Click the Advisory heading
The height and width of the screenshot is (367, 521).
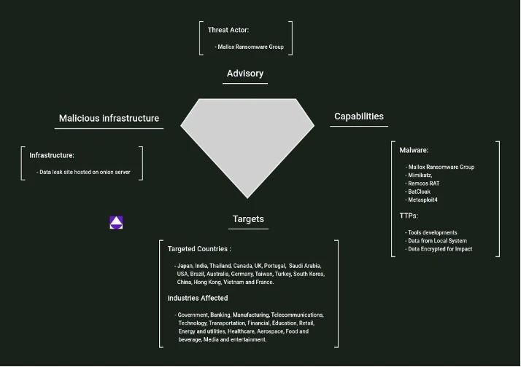coord(245,74)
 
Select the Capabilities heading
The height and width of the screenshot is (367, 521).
coord(359,117)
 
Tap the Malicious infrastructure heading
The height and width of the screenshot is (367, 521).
coord(109,119)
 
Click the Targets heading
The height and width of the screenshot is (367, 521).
coord(248,219)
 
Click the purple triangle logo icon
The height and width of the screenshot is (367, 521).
coord(116,222)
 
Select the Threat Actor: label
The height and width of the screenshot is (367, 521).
coord(228,30)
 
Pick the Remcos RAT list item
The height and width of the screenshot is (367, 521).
coord(422,183)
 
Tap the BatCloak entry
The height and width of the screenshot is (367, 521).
coord(417,192)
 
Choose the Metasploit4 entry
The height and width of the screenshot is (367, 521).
coord(421,200)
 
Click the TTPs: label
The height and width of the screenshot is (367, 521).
coord(409,216)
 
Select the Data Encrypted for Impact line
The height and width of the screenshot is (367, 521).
coord(439,249)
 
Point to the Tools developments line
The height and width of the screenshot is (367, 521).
coord(431,233)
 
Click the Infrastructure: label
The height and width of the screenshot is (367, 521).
coord(52,156)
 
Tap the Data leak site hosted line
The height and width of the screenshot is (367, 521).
coord(83,172)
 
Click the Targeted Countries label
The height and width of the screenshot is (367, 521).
coord(199,249)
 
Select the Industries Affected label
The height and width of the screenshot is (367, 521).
coord(198,298)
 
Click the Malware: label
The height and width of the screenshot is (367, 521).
coord(414,150)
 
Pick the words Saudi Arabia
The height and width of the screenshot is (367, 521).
coord(305,266)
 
